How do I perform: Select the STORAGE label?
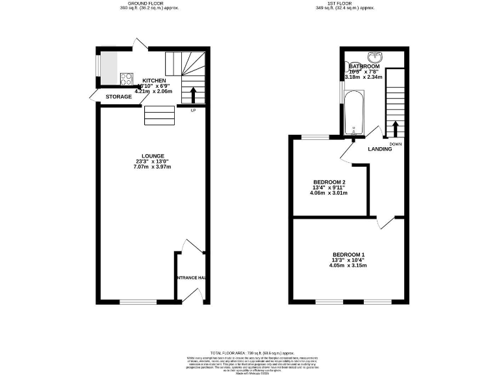[119, 97]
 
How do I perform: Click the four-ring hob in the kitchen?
[125, 78]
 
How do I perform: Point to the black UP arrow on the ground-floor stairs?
[193, 94]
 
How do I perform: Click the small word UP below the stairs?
[193, 110]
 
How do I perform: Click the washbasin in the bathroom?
[375, 56]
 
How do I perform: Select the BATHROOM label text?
[364, 66]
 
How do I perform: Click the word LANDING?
[380, 149]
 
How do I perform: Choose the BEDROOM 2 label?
[329, 182]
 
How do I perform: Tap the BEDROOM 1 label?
[349, 255]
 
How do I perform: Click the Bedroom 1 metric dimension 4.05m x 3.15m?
[349, 266]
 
